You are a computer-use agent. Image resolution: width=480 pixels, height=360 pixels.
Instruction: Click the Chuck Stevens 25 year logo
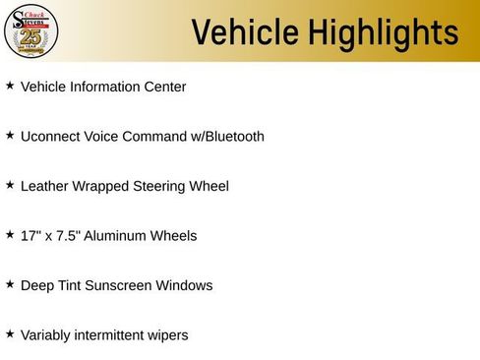click(31, 30)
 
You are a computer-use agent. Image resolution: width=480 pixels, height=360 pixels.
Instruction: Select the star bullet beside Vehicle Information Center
click(10, 86)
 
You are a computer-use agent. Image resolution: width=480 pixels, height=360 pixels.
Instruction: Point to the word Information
click(108, 87)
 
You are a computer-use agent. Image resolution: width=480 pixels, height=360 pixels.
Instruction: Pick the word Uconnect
click(49, 136)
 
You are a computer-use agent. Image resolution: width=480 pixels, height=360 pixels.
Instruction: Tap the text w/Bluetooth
click(227, 136)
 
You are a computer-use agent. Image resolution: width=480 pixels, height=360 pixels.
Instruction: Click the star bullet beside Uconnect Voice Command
click(10, 135)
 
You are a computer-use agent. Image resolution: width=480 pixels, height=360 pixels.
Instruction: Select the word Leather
click(44, 186)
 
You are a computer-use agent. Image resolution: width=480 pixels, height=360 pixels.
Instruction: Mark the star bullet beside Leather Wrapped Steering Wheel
click(10, 185)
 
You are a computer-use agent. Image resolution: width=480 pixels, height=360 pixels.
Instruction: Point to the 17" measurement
click(30, 235)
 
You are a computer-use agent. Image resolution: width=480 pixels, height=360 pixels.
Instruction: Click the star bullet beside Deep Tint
click(10, 284)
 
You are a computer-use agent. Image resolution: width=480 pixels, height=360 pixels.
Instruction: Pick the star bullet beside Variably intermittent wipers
click(10, 333)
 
